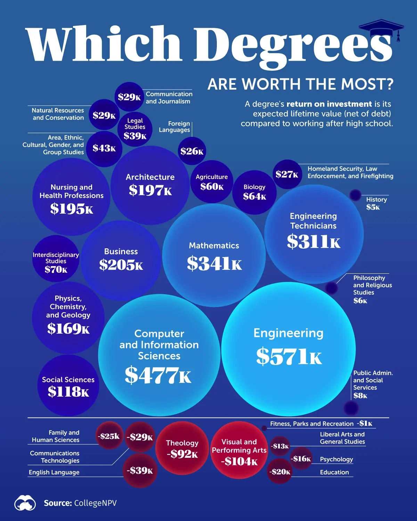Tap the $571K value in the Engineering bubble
click(289, 356)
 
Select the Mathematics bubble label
click(214, 246)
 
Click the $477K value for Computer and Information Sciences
click(158, 375)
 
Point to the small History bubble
click(355, 195)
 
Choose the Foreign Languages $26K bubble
click(192, 151)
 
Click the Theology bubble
click(182, 448)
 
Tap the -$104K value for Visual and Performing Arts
click(239, 462)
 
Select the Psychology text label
click(336, 459)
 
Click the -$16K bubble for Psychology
click(301, 459)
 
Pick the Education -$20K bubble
click(280, 471)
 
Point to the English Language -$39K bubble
click(140, 471)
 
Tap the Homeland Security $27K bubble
click(287, 174)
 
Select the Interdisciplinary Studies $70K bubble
click(56, 259)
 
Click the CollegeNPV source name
click(95, 503)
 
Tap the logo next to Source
click(25, 503)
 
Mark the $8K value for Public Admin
click(360, 396)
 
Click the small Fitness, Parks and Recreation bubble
click(264, 428)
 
